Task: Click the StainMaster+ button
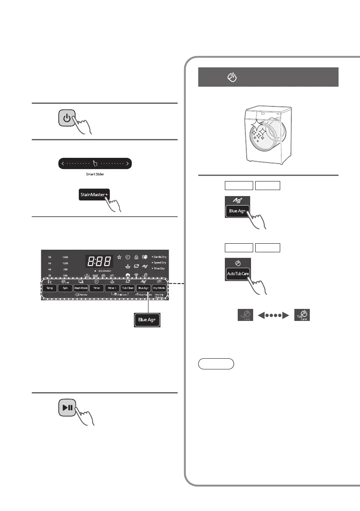click(x=94, y=195)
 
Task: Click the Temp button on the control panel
click(x=49, y=288)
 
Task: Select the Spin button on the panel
click(x=65, y=288)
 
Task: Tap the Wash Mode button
click(x=81, y=288)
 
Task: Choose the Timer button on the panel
click(x=97, y=288)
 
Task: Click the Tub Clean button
click(x=127, y=288)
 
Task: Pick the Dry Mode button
click(x=159, y=288)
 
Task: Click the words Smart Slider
click(x=95, y=175)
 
